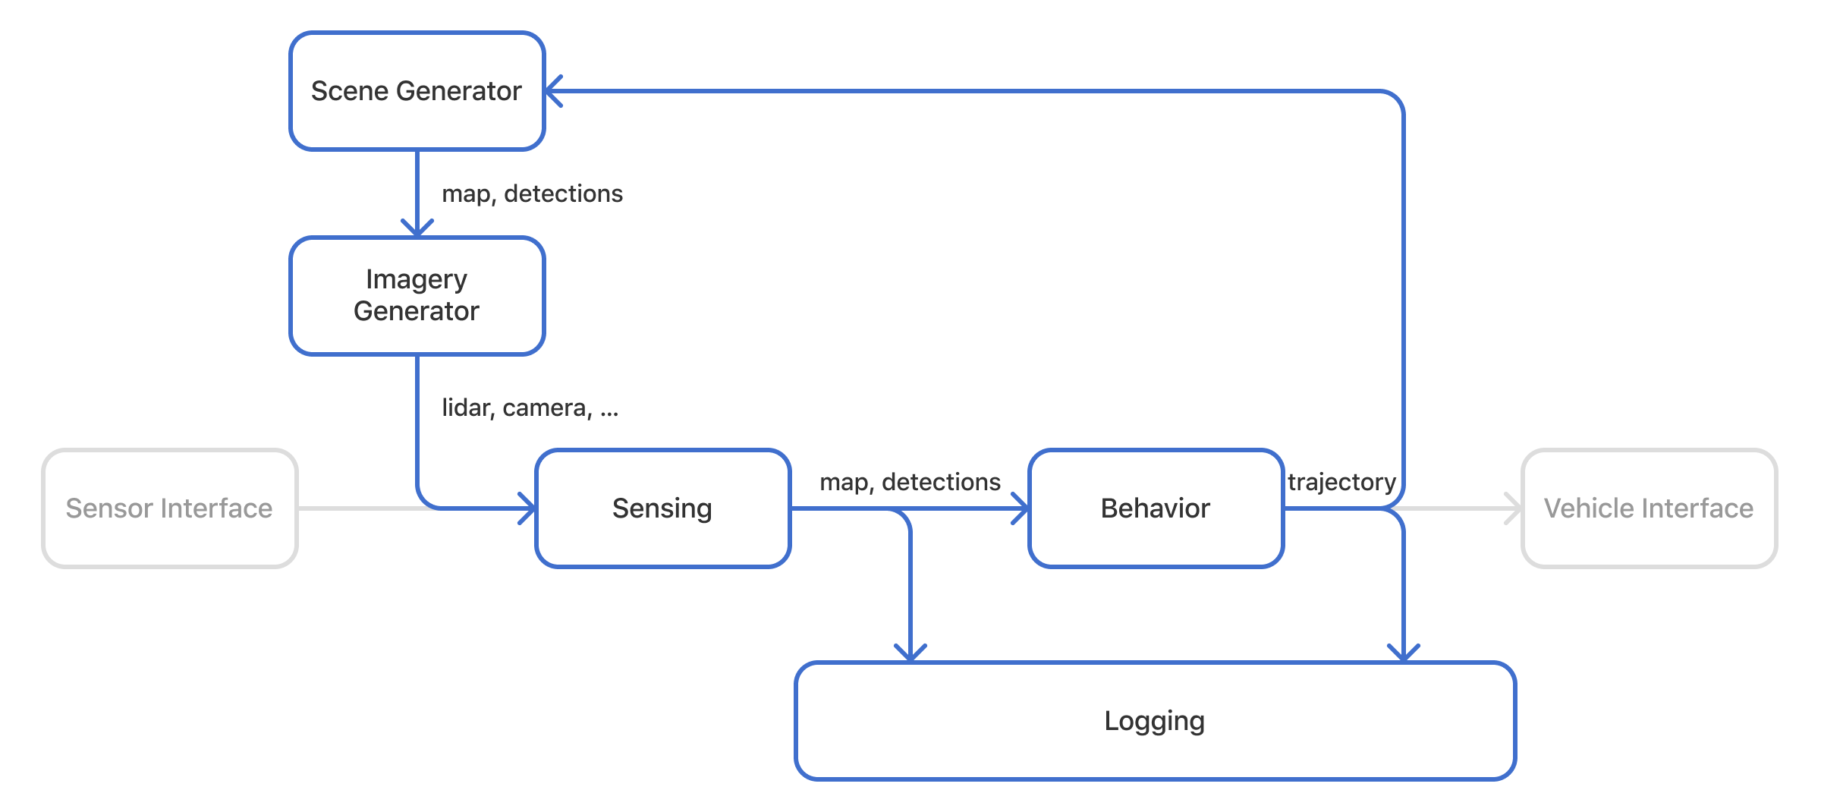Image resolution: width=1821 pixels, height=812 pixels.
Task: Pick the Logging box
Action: pos(1155,721)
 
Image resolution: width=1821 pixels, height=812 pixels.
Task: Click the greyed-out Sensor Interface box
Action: pos(169,508)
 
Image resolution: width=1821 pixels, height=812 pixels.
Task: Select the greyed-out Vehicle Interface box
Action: pos(1649,508)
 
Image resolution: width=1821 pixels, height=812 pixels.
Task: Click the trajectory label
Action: pos(1341,482)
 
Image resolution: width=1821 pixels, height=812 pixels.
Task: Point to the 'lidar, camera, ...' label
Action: pos(530,408)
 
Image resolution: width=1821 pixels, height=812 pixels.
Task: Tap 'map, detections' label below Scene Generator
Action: pos(532,194)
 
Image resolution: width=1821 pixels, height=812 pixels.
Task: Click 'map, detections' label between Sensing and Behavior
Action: pos(910,482)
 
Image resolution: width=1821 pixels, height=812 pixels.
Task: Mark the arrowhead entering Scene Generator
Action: pos(552,91)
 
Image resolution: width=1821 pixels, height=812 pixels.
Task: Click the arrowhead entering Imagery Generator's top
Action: pos(417,230)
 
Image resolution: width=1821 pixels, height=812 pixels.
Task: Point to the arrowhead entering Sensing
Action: pos(529,508)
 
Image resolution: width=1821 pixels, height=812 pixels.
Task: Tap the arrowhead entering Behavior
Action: pos(1022,508)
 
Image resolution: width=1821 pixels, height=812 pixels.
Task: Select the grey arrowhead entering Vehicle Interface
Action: pos(1514,508)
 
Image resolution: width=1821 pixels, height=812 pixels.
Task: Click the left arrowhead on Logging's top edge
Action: pos(910,654)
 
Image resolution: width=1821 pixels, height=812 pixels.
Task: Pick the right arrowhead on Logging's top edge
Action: pos(1404,654)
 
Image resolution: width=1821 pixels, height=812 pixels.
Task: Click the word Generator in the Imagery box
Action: pos(417,311)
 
